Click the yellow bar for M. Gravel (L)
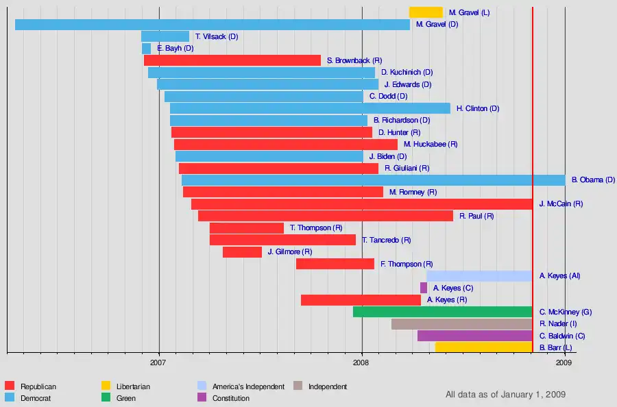click(426, 12)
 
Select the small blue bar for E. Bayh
click(146, 49)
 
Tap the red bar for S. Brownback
click(232, 60)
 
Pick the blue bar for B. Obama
click(373, 180)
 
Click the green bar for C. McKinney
click(442, 312)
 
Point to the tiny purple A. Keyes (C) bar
click(424, 288)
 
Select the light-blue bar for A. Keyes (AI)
click(479, 276)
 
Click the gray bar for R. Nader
click(461, 324)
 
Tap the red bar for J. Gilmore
click(242, 252)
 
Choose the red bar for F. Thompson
click(335, 264)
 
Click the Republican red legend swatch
click(10, 386)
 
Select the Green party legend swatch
click(106, 398)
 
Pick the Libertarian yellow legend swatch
click(106, 386)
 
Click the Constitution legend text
click(231, 398)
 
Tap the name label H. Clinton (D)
click(478, 108)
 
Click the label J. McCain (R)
click(561, 204)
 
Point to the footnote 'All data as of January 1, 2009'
click(505, 395)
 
